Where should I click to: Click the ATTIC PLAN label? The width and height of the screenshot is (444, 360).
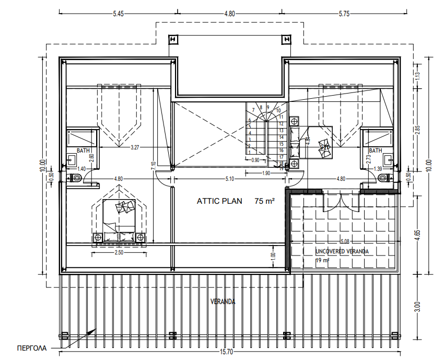click(219, 201)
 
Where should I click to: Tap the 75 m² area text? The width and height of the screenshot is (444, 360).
click(265, 201)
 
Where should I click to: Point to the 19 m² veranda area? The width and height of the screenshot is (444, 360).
click(322, 260)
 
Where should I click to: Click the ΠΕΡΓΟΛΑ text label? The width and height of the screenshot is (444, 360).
click(32, 347)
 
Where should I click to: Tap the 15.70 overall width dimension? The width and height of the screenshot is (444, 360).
click(226, 352)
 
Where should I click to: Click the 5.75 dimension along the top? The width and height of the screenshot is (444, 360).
click(344, 14)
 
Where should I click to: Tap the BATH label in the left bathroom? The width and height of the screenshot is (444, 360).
click(83, 151)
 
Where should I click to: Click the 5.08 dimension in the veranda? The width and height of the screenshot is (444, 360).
click(344, 241)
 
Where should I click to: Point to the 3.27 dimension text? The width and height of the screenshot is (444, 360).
click(135, 148)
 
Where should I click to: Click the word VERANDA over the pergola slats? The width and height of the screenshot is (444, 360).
click(223, 302)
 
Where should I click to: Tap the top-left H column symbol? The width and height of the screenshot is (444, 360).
click(173, 40)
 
